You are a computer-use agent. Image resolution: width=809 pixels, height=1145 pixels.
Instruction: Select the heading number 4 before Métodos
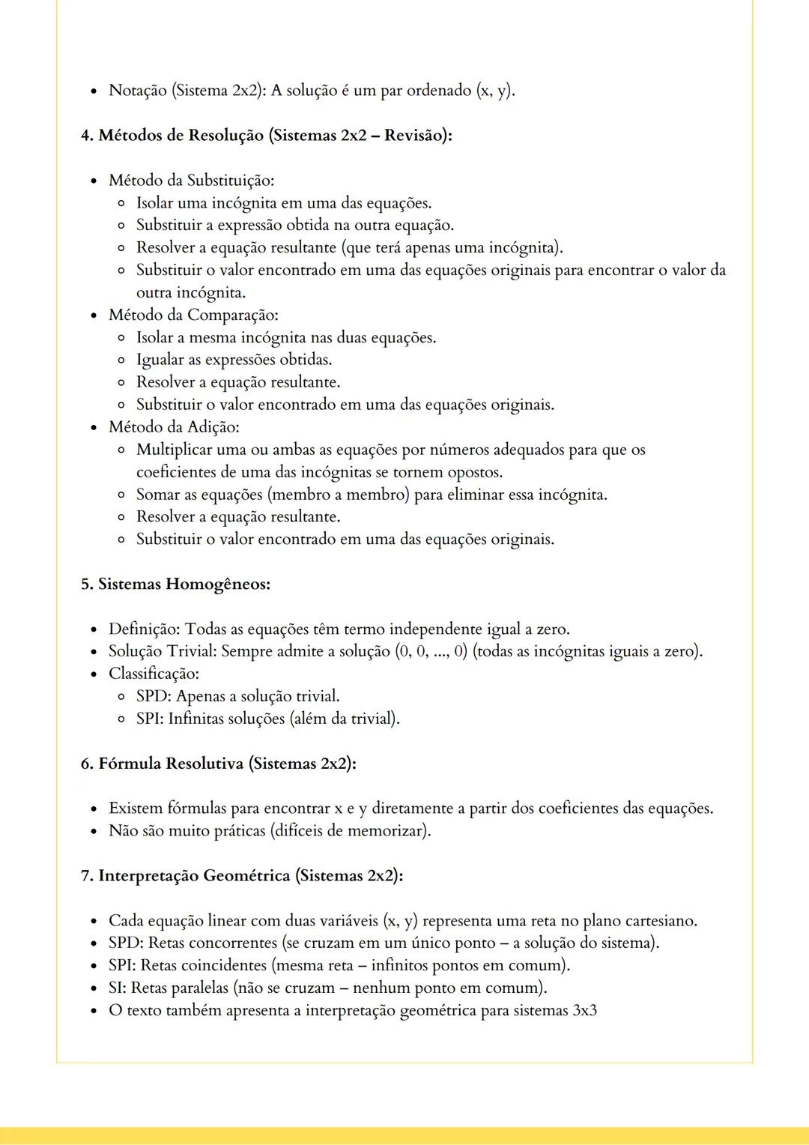pos(85,136)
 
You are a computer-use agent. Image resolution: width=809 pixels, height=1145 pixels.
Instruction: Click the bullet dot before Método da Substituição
pos(94,181)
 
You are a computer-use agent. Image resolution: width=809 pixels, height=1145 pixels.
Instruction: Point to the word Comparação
pos(232,315)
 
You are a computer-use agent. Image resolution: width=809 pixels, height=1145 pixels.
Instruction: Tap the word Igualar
pos(160,360)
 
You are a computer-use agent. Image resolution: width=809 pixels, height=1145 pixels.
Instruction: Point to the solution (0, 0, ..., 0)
pos(430,652)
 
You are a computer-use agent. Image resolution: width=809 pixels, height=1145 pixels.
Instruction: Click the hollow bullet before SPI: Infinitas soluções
pos(121,719)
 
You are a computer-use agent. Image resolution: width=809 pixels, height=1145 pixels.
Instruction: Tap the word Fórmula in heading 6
pos(129,764)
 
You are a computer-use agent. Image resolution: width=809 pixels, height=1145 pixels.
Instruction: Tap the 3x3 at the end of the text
pos(584,1011)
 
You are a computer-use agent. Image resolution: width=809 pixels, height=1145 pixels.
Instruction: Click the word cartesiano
pos(660,921)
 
